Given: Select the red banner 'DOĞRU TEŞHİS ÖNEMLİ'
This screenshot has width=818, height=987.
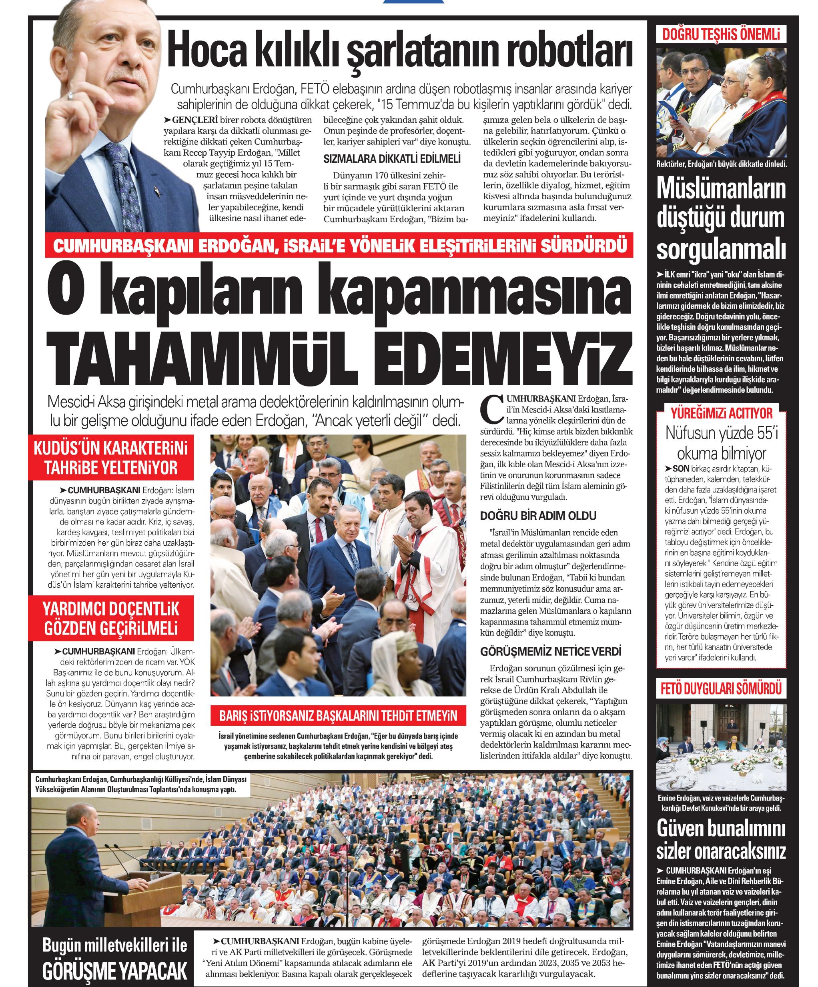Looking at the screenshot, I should coord(721,34).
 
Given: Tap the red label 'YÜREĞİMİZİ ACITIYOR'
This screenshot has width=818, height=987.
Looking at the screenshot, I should coord(721,413).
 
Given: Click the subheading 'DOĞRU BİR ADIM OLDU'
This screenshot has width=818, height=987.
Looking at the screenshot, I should coord(538,516).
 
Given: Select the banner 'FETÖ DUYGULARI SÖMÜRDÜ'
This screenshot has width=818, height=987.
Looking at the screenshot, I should coord(721,689).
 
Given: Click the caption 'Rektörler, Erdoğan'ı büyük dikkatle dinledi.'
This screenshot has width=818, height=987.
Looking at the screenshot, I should coord(721,164).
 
